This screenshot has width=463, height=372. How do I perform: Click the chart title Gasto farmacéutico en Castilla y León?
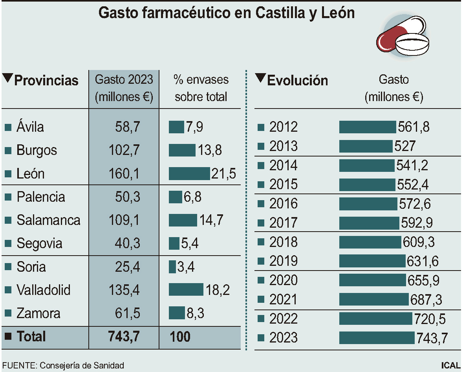pos(227,13)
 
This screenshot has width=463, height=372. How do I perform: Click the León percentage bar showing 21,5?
pos(189,173)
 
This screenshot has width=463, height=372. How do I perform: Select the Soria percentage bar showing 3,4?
pos(172,267)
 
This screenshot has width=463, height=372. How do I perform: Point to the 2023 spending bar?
pos(377,338)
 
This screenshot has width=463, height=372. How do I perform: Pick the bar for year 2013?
pos(366,146)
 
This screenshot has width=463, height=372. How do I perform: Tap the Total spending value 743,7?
pos(123,337)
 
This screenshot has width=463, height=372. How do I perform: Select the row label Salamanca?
pos(48,220)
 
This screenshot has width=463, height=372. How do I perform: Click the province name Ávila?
pos(30,127)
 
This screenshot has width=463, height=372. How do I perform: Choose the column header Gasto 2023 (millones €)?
pos(124,88)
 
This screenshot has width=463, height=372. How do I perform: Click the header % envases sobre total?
pos(201,88)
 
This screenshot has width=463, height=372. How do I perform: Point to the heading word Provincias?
pos(46,81)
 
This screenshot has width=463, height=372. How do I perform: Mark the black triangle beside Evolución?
pos(260,78)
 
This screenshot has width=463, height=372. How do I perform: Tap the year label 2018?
pos(284,242)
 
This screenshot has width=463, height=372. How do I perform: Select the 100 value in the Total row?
pos(180,337)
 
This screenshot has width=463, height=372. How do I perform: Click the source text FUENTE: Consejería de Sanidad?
pos(63,365)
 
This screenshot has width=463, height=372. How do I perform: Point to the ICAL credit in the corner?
pos(450,365)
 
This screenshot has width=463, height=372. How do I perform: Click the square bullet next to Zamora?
pos(8,313)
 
